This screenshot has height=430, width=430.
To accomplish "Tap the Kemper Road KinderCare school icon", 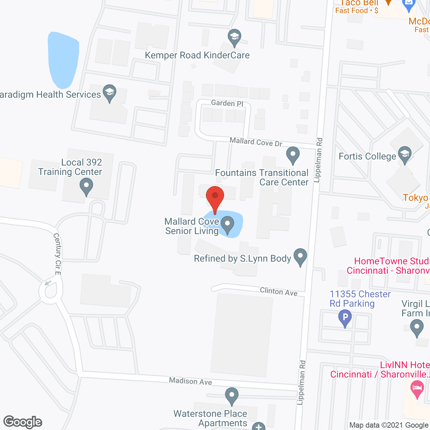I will (x=234, y=38).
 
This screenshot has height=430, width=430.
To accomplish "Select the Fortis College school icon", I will (x=405, y=155).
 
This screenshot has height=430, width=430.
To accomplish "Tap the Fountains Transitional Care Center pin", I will (x=293, y=155).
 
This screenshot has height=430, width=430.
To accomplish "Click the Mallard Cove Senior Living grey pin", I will (x=228, y=224).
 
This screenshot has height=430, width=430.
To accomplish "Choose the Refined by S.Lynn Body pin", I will (x=300, y=257).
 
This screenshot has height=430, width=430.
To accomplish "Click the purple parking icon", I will (x=345, y=318).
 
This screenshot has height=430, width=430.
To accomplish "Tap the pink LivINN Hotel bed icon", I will (x=417, y=389).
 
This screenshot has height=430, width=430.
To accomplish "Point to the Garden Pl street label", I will (x=227, y=103).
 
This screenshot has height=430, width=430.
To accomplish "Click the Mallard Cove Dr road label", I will (x=256, y=142).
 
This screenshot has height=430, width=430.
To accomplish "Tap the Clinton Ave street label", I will (x=279, y=292).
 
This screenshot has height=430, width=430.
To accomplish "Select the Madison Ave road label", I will (x=190, y=381).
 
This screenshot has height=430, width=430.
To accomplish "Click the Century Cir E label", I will (x=57, y=254).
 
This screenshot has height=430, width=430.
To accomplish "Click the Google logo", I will (x=23, y=422).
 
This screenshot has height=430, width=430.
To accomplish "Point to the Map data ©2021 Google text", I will (x=389, y=425).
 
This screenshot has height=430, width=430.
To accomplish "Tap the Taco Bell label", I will (x=359, y=3).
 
